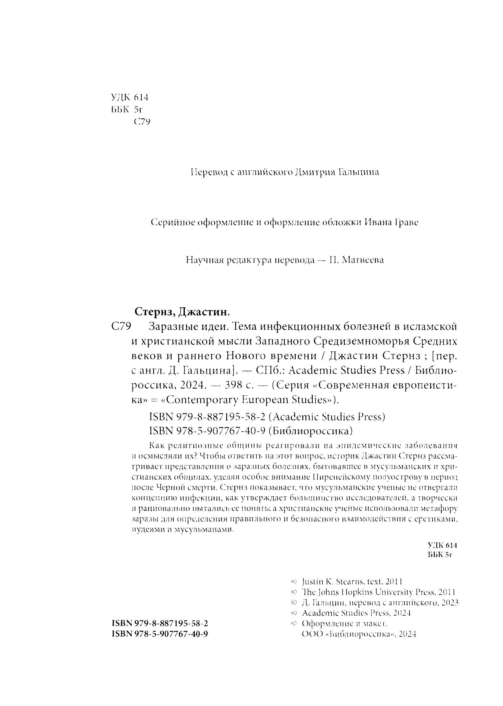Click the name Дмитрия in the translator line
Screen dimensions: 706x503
315,172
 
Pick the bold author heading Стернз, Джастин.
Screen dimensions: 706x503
182,312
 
